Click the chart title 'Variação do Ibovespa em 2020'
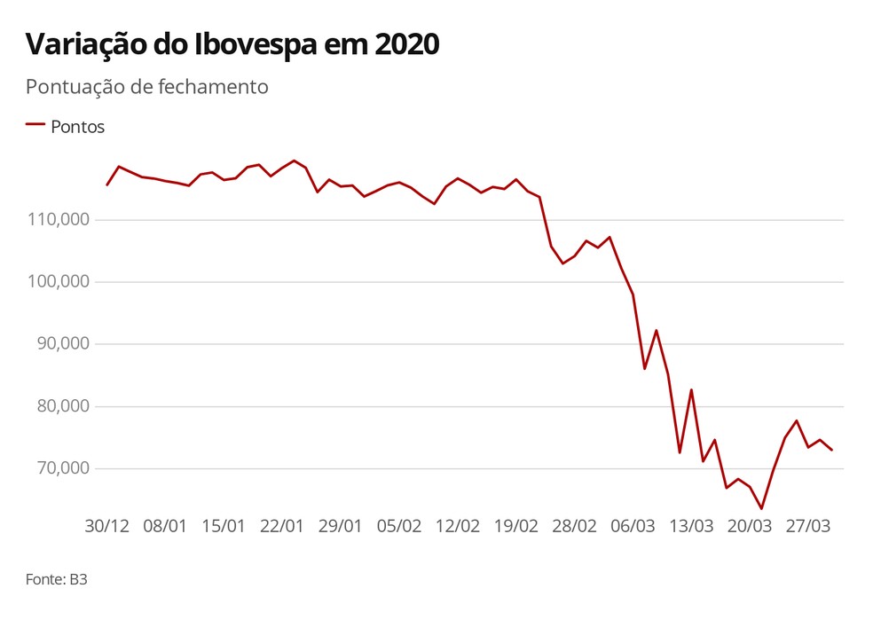click(x=232, y=44)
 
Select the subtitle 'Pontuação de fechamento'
click(x=146, y=87)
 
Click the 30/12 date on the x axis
click(x=106, y=525)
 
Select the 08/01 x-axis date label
click(x=165, y=525)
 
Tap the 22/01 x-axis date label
click(x=282, y=525)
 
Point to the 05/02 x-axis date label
click(x=399, y=525)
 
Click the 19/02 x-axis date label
click(x=516, y=525)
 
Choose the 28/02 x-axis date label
click(x=575, y=525)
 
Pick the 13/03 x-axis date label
click(x=692, y=525)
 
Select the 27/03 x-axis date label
click(x=809, y=525)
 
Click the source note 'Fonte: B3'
click(x=57, y=580)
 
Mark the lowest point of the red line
click(x=761, y=508)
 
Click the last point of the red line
click(x=831, y=450)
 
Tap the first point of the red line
click(x=106, y=184)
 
